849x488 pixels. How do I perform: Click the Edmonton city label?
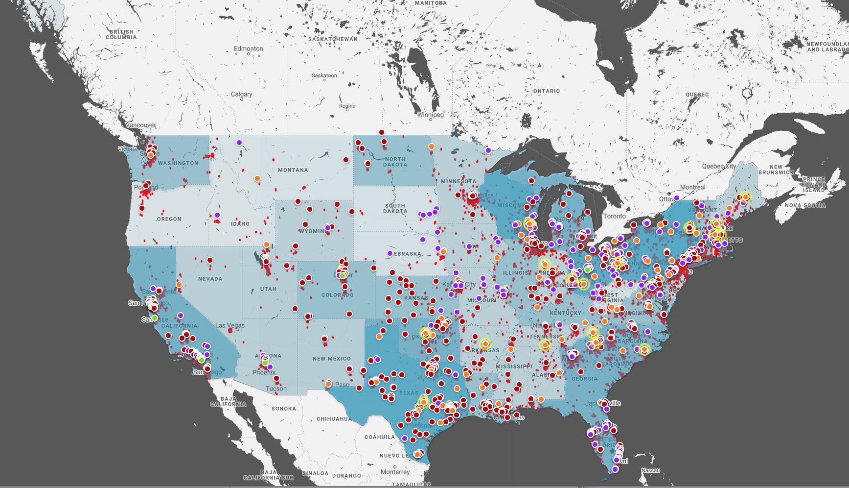[x=248, y=49]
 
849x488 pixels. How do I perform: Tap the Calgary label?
[x=241, y=94]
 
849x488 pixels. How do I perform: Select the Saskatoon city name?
[x=324, y=75]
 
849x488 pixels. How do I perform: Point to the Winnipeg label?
[x=430, y=115]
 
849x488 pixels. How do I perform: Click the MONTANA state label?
[x=293, y=170]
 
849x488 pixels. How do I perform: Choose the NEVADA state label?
[x=210, y=279]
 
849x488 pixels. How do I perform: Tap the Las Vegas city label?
[x=229, y=325]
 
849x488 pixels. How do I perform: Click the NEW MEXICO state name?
[x=331, y=359]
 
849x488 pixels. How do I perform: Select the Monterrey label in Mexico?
[x=395, y=472]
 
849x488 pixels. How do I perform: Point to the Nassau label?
[x=650, y=470]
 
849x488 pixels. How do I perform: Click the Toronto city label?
[x=614, y=216]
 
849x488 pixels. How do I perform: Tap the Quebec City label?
[x=719, y=166]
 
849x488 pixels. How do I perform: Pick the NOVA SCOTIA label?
[x=805, y=205]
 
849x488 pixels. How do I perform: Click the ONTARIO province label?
[x=546, y=91]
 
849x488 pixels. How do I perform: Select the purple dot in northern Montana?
[x=239, y=143]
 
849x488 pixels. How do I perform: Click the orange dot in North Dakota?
[x=432, y=146]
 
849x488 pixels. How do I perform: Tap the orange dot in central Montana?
[x=257, y=178]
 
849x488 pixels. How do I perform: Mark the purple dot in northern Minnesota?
[x=488, y=150]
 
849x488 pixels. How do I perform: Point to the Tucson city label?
[x=276, y=389]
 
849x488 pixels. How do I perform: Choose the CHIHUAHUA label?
[x=334, y=419]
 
